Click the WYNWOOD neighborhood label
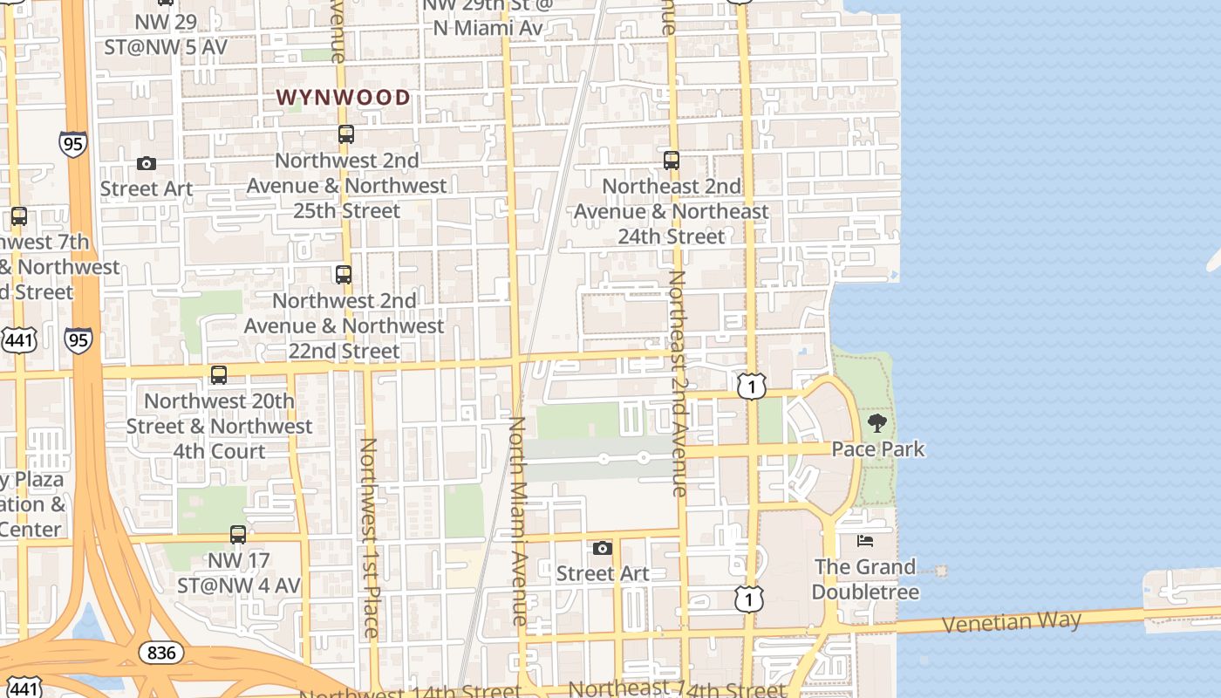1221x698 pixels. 344,98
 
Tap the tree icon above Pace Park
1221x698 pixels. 877,424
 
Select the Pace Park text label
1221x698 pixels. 877,449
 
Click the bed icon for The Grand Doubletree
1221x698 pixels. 865,541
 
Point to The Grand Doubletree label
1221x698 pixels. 865,579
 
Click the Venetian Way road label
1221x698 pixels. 1012,623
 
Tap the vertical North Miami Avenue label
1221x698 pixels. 518,520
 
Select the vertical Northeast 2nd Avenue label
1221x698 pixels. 679,384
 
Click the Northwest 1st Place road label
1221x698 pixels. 369,537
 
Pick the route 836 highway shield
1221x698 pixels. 161,652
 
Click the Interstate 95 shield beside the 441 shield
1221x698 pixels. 78,339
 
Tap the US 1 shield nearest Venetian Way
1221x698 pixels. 748,599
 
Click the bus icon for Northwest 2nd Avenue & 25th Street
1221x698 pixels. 346,134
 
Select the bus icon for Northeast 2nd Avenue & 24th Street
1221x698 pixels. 672,161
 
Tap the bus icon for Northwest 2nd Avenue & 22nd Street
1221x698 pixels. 344,275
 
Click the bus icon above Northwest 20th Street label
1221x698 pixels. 219,375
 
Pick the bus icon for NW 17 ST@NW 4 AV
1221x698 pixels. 238,535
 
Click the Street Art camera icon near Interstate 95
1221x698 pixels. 147,164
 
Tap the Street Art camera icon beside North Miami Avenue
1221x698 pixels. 603,549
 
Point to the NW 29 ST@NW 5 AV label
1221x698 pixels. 166,34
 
